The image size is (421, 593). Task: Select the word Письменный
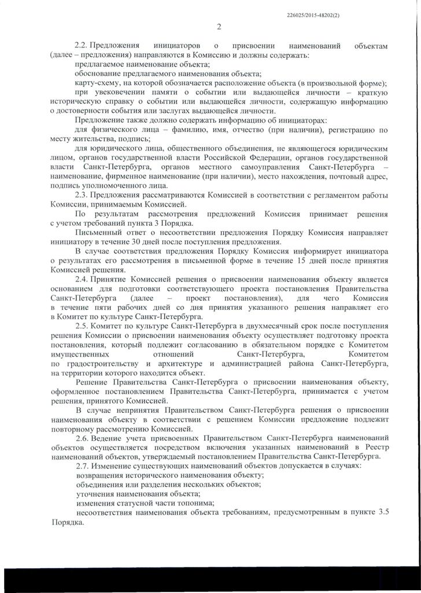pos(98,232)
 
